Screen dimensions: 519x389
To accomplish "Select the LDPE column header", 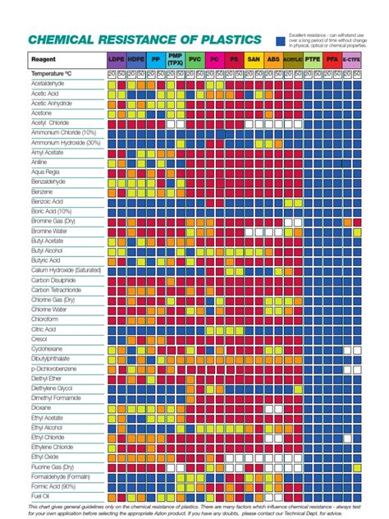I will (117, 60).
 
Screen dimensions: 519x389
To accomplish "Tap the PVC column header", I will (194, 60).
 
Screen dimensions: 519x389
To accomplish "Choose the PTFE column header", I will (313, 60).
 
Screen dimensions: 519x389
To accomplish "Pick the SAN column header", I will (254, 60).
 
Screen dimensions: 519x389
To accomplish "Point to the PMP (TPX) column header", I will (175, 60).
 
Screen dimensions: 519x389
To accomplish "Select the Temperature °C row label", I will (53, 74).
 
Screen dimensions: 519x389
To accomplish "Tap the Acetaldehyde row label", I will (49, 84).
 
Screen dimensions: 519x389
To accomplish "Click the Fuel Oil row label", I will (41, 495).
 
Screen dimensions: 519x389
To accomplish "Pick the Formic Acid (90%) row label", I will (54, 485).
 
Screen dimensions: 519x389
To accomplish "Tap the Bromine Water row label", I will (50, 231).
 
